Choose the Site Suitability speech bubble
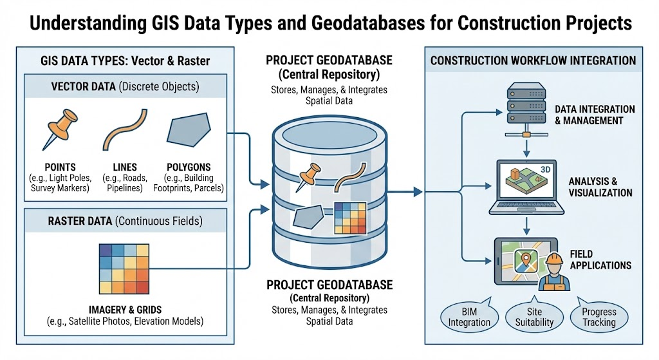click(530, 316)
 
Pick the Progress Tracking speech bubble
click(599, 316)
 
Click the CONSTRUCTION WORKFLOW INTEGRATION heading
click(533, 61)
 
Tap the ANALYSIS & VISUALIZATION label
click(600, 187)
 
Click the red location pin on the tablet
click(524, 260)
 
